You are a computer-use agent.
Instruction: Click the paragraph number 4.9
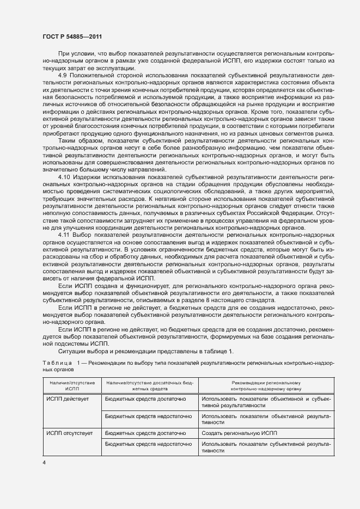[63, 74]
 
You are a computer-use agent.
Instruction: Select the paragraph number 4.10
[65, 177]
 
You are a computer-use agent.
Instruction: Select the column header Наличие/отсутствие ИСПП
[72, 386]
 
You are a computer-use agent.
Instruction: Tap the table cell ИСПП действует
[68, 399]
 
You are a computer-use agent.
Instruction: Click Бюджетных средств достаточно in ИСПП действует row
[145, 399]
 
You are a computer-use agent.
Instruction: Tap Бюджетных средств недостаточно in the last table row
[149, 444]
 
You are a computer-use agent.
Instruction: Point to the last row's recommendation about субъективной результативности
[266, 447]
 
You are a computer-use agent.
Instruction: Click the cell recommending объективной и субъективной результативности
[266, 402]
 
